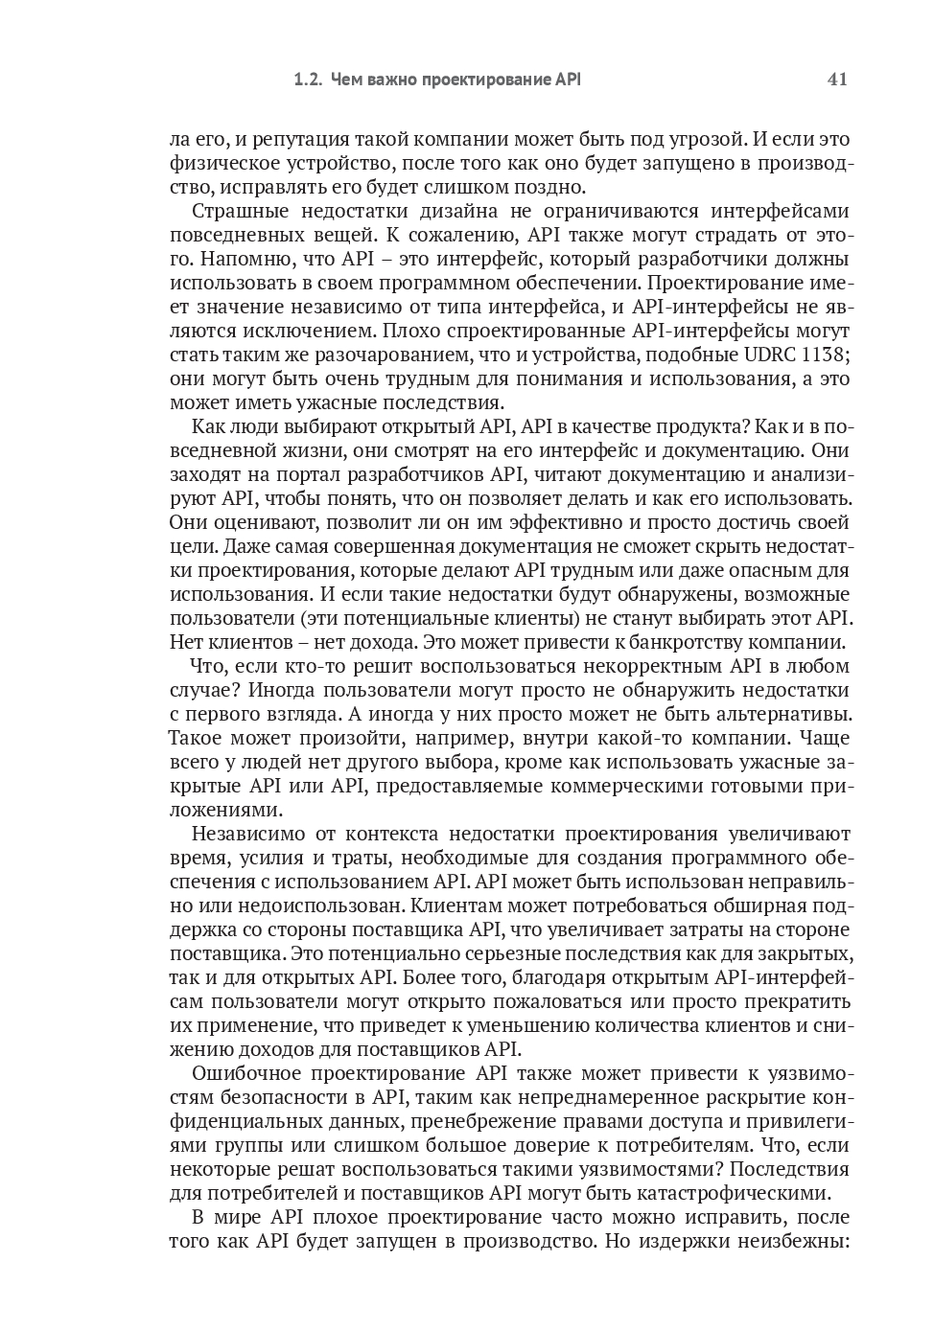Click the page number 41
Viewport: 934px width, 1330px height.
[836, 80]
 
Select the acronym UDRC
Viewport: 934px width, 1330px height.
[770, 355]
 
